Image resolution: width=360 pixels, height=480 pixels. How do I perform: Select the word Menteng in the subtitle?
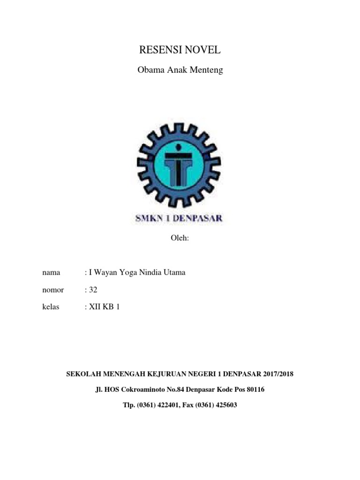point(208,71)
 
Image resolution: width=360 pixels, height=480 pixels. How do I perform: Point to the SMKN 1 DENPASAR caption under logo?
point(180,217)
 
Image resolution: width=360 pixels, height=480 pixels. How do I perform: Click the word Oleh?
point(180,238)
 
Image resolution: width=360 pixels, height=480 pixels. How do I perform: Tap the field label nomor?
point(52,290)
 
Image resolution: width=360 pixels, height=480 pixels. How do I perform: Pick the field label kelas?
point(51,307)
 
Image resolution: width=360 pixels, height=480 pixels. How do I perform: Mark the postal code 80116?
point(255,390)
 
